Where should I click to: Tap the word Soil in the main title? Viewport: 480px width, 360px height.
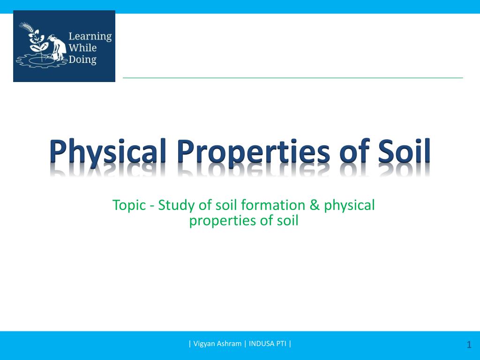(404, 150)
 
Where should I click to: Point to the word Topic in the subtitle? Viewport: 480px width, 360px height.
(129, 205)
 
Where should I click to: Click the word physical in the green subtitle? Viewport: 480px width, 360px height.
(349, 206)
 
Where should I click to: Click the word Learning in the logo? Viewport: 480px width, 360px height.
(90, 37)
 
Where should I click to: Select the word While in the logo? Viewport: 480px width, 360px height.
(82, 48)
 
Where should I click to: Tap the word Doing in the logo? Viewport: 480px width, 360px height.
(82, 60)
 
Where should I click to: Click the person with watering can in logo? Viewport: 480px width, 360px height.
(57, 48)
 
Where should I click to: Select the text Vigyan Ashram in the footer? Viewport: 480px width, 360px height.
(217, 344)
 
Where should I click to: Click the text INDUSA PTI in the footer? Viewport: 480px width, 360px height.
(268, 344)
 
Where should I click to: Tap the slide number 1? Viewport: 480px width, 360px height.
(469, 345)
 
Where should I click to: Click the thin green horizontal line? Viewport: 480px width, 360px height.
(293, 78)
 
